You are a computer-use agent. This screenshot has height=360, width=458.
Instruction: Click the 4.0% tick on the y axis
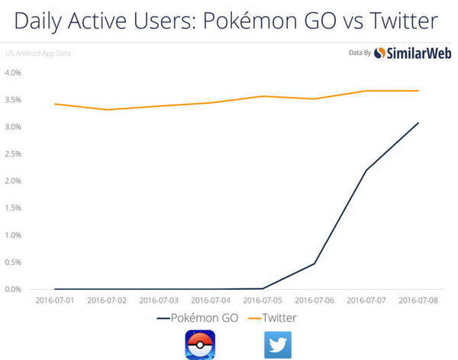pyautogui.click(x=13, y=73)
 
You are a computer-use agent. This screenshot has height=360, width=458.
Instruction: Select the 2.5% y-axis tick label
pyautogui.click(x=13, y=154)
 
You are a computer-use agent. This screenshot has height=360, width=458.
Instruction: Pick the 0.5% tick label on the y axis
pyautogui.click(x=13, y=262)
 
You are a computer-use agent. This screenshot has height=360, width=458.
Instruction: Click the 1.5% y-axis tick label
pyautogui.click(x=13, y=208)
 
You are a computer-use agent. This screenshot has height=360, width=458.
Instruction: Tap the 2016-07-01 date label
pyautogui.click(x=55, y=300)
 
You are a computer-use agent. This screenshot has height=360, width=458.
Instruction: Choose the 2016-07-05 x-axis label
pyautogui.click(x=263, y=300)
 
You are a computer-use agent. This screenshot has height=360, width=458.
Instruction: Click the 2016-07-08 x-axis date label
pyautogui.click(x=418, y=300)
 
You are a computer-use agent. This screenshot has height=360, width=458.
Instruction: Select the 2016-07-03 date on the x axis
pyautogui.click(x=159, y=300)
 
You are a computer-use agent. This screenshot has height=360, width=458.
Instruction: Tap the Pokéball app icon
pyautogui.click(x=200, y=344)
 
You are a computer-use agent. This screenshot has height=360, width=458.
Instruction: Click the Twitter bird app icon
pyautogui.click(x=278, y=344)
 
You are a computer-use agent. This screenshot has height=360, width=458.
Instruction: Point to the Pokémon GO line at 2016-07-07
pyautogui.click(x=366, y=169)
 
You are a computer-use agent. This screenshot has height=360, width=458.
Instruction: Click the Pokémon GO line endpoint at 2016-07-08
pyautogui.click(x=418, y=123)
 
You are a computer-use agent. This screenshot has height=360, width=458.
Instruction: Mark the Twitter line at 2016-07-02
pyautogui.click(x=107, y=109)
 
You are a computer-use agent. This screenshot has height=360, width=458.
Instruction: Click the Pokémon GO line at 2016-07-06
pyautogui.click(x=314, y=264)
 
